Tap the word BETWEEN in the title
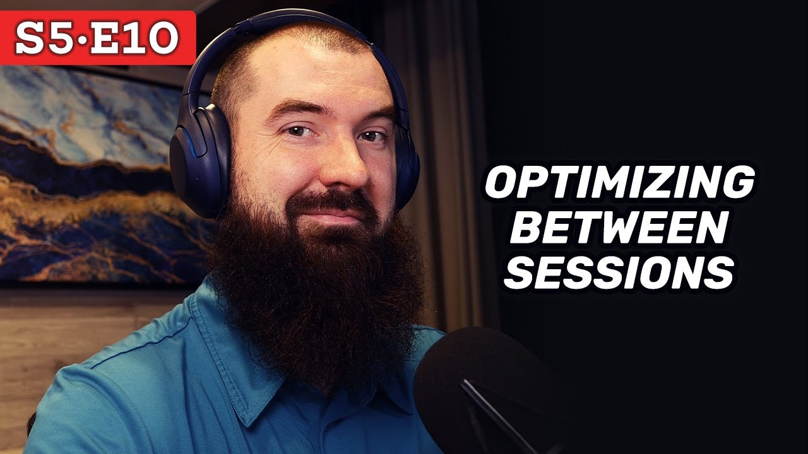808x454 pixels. coord(619,229)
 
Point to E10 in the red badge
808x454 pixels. coord(139,39)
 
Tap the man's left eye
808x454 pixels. coord(372,136)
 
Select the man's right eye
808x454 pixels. coord(295,131)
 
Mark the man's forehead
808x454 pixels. coord(316,76)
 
